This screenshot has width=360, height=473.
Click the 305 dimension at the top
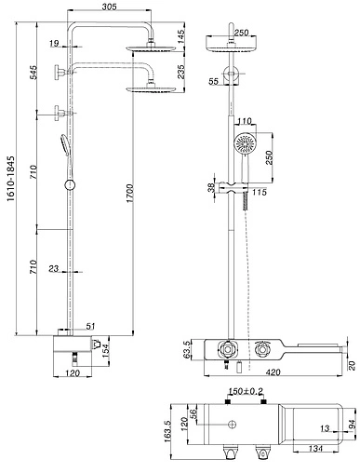tap(110, 7)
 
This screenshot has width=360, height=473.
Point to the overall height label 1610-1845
tap(11, 179)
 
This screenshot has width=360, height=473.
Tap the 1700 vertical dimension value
tap(129, 194)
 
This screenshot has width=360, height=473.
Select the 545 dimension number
tap(33, 72)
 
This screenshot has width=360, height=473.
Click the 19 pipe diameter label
tap(54, 43)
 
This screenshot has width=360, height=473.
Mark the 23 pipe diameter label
tap(54, 268)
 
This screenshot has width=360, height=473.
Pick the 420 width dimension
tap(273, 372)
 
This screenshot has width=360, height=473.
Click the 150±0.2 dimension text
tap(246, 391)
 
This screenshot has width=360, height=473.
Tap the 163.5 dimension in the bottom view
tap(167, 431)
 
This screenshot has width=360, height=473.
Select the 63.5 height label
tap(187, 350)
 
